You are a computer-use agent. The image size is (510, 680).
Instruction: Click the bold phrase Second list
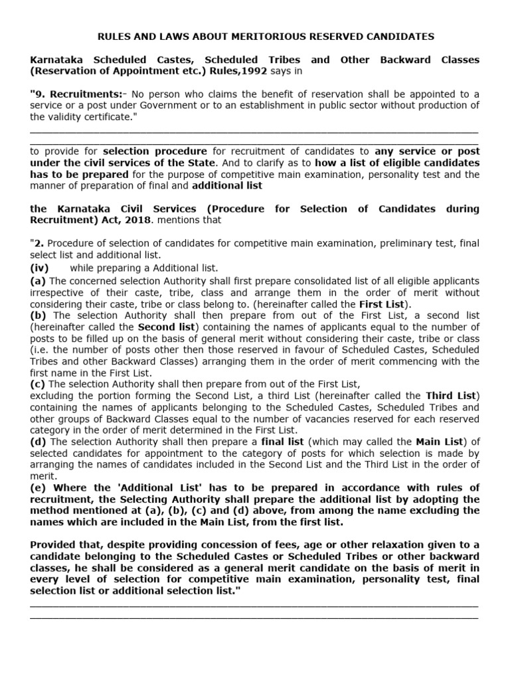[167, 327]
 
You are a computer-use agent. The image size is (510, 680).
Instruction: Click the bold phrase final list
[284, 442]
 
